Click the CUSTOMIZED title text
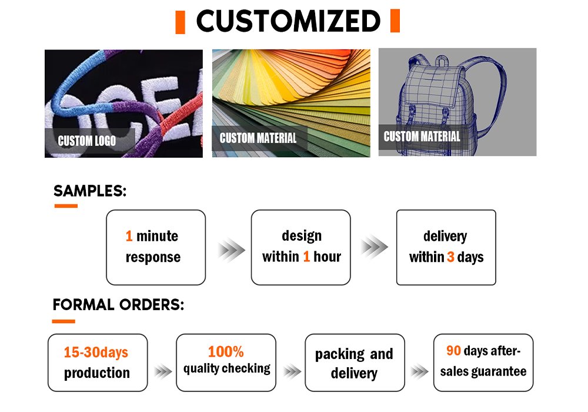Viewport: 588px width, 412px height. click(288, 21)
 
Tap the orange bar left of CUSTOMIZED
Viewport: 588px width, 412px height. click(181, 22)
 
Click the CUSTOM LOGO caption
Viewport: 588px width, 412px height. click(86, 141)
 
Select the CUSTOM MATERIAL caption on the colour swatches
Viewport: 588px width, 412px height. click(258, 138)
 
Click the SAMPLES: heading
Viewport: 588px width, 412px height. click(90, 191)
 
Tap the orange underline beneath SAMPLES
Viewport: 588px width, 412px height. click(66, 206)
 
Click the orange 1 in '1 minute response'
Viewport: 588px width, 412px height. click(129, 236)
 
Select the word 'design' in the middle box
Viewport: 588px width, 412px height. click(302, 236)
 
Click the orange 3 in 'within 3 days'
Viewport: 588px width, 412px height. click(450, 257)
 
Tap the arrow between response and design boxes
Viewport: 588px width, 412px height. click(231, 249)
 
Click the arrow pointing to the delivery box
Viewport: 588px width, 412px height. click(374, 247)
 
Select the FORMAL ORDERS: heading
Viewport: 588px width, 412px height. click(119, 305)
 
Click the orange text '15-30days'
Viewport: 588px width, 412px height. click(96, 353)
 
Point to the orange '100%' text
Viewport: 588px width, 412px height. click(226, 351)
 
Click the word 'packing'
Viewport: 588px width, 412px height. click(340, 354)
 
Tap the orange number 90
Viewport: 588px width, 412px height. click(453, 350)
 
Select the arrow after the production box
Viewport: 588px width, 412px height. click(163, 371)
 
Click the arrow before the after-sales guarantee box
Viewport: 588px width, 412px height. click(419, 371)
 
